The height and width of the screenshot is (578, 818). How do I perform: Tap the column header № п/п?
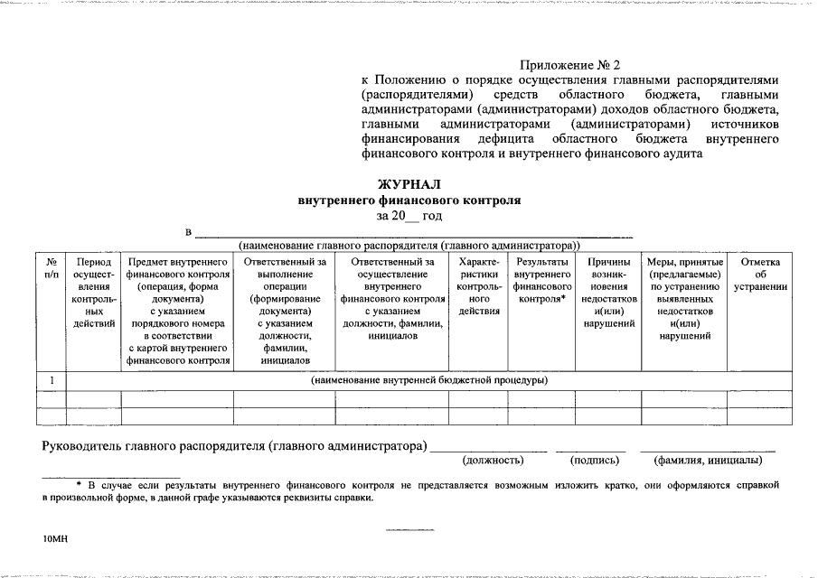coord(52,267)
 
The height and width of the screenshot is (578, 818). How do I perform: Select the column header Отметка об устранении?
coord(760,274)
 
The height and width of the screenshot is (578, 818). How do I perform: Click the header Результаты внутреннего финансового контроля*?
coord(542,280)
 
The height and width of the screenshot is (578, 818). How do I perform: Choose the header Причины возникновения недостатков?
coord(607,292)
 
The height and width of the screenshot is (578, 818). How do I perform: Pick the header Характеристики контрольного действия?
coord(479,286)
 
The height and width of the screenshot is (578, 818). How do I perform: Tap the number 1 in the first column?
coord(52,380)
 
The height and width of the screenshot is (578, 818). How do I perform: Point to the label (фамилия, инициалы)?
coord(709,461)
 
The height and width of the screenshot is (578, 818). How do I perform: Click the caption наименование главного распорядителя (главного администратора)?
coord(409,245)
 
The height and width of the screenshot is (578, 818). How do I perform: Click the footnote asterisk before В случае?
coord(79,485)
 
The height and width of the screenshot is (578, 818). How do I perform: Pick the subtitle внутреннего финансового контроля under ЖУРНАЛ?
coord(409,200)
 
